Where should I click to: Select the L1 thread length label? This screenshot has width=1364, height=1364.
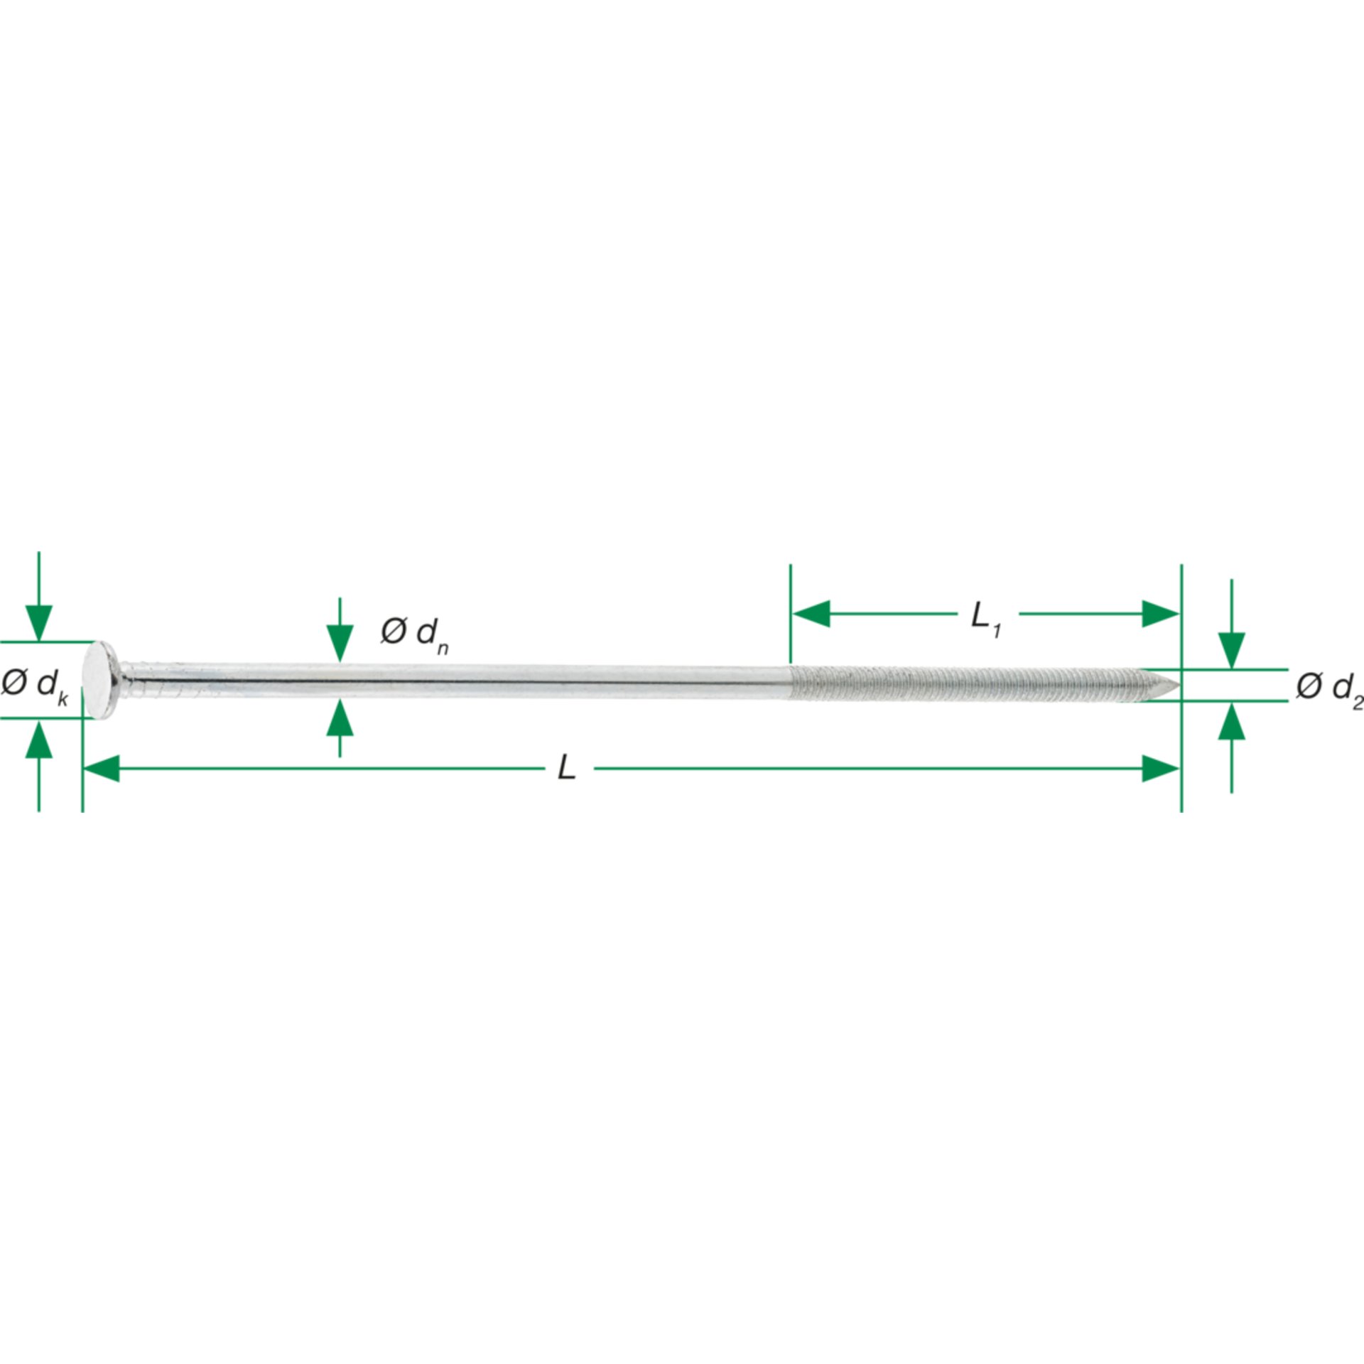pyautogui.click(x=986, y=617)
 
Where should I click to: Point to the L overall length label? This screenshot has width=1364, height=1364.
pyautogui.click(x=566, y=767)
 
